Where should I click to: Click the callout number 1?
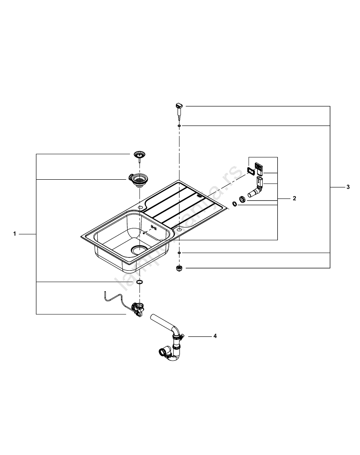(x=15, y=234)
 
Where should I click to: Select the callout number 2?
(x=294, y=198)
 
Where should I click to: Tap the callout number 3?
(x=348, y=187)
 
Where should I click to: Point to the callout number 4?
(x=215, y=336)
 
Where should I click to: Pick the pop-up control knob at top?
(x=179, y=108)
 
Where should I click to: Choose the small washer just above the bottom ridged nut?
(x=180, y=253)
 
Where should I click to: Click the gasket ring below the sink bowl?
(x=139, y=283)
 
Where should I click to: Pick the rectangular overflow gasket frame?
(x=250, y=171)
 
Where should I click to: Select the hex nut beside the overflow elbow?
(x=243, y=199)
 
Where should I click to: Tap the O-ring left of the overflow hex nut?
(x=234, y=204)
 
